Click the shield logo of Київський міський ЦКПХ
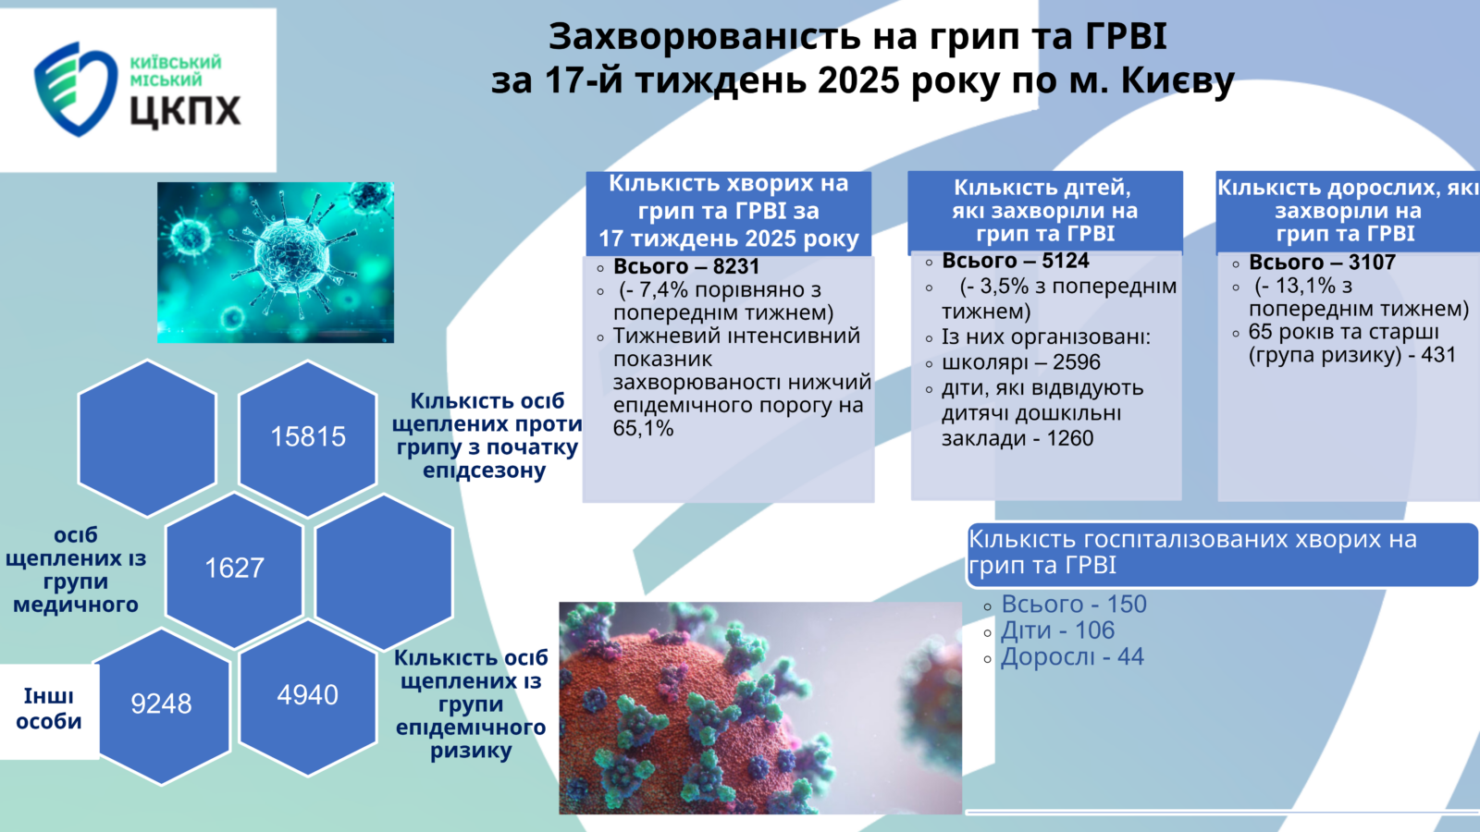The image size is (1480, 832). [75, 89]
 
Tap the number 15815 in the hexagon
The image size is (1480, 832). [308, 436]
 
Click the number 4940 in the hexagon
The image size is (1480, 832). [307, 694]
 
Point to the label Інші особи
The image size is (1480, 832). [48, 708]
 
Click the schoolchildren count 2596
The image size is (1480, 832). [1077, 361]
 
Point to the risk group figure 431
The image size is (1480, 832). [1438, 355]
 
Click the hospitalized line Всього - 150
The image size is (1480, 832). [1074, 604]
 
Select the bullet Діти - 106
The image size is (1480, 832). [1058, 630]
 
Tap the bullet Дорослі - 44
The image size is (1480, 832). [1072, 656]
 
